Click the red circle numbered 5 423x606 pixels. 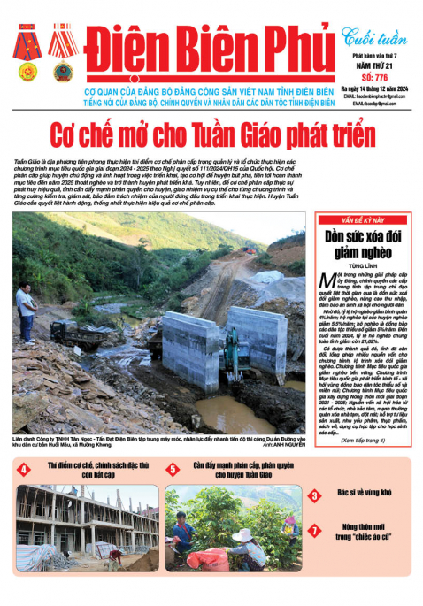point(173,470)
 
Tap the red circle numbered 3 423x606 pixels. point(315,495)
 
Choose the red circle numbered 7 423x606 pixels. point(315,530)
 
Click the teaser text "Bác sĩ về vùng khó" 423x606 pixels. point(365,494)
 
